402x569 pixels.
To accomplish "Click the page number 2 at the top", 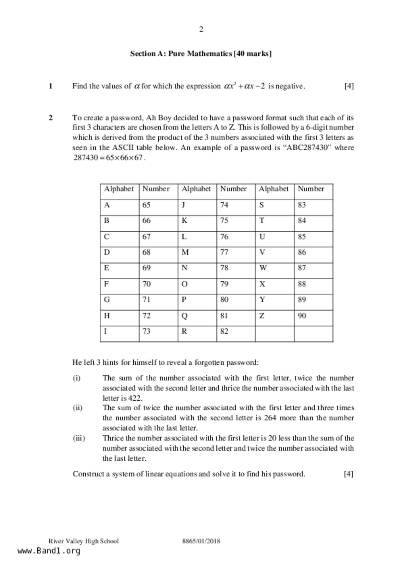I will coord(201,30).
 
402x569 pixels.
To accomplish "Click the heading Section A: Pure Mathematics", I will coord(201,54).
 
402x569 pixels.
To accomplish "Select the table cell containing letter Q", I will coord(197,316).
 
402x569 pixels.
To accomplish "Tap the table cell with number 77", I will coord(236,252).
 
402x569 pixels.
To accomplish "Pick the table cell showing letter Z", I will coord(274,316).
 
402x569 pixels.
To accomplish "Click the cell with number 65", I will coord(158,205).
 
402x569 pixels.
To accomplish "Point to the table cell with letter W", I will coord(274,268).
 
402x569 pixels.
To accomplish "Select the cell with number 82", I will coord(236,332).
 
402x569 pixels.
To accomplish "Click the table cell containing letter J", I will coord(197,205).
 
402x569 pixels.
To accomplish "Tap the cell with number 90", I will coord(313,316).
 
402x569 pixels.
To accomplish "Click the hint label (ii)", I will coord(78,408).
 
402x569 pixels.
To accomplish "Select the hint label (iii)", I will coord(79,438).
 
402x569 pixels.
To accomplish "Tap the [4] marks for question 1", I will coord(349,86).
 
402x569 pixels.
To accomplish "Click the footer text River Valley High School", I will coord(84,541).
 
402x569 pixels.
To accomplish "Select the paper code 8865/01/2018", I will coord(201,541).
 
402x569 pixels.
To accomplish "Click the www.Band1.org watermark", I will coord(49,551).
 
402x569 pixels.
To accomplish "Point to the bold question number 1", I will coord(51,86).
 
